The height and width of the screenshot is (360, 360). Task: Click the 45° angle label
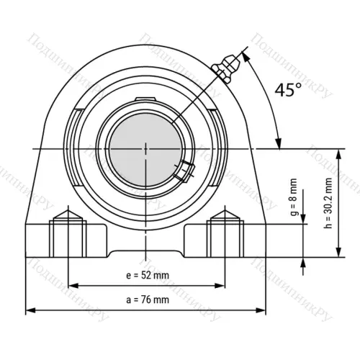click(288, 89)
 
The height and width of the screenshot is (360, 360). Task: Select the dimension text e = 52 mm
click(148, 275)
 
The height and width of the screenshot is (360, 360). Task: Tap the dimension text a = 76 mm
click(148, 300)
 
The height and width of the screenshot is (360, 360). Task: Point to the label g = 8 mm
click(294, 197)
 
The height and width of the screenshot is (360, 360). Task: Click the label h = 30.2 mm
click(328, 203)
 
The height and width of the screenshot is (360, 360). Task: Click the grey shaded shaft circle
click(145, 149)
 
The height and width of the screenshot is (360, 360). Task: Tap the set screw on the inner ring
click(184, 171)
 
